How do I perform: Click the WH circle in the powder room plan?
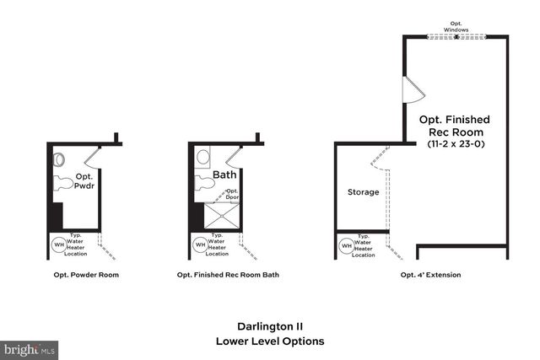coord(58,245)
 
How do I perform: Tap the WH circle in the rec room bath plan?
coord(200,245)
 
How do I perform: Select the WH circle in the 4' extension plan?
coord(346,246)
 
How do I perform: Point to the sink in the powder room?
coord(60,158)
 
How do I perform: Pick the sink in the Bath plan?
coord(202,157)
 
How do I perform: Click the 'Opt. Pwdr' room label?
coord(84,181)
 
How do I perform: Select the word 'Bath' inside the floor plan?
coord(224,175)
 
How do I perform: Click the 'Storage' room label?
coord(363,192)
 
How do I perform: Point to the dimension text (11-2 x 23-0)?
coord(455,144)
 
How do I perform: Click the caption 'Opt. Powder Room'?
coord(82,276)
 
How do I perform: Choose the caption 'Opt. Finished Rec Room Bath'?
coord(228,276)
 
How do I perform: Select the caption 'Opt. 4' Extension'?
coord(430,276)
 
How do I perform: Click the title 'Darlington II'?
coord(269,325)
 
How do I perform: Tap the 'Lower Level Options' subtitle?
coord(269,341)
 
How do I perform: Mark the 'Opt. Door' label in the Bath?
coord(232,194)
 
